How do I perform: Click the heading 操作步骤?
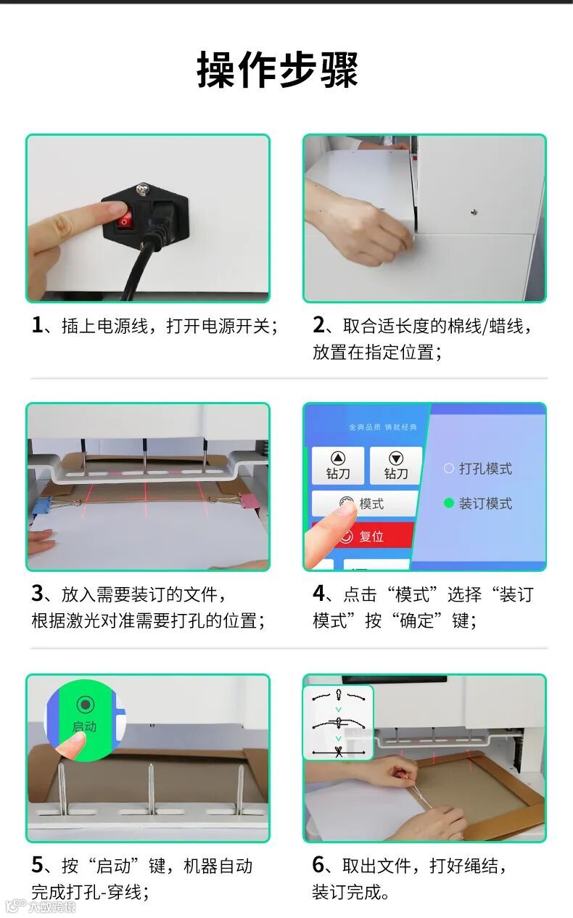[277, 70]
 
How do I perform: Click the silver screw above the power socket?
[143, 189]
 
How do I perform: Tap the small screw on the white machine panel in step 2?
[474, 211]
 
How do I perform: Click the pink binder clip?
[248, 501]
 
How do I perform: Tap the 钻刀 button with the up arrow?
[338, 465]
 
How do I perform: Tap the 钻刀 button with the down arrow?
[396, 465]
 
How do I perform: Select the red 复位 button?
[363, 535]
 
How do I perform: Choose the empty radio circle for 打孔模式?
[449, 468]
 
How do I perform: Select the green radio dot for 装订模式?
[449, 503]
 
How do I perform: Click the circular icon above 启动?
[85, 705]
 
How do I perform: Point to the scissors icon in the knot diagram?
[339, 752]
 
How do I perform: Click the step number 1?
[37, 325]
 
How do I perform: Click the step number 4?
[318, 593]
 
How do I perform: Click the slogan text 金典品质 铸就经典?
[383, 427]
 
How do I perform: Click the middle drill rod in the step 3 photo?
[144, 455]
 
